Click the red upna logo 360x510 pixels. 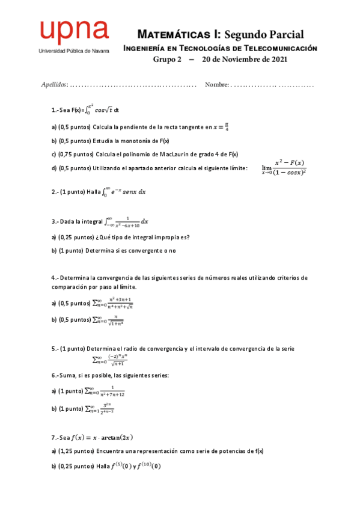(73, 32)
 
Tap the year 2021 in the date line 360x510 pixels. (277, 60)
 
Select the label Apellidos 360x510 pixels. (54, 84)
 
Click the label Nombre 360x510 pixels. (216, 84)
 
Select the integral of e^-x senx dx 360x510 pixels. (124, 192)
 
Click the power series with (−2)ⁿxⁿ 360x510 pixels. (109, 360)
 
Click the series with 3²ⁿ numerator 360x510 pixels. (102, 408)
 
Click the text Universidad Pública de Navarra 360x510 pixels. (73, 51)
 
